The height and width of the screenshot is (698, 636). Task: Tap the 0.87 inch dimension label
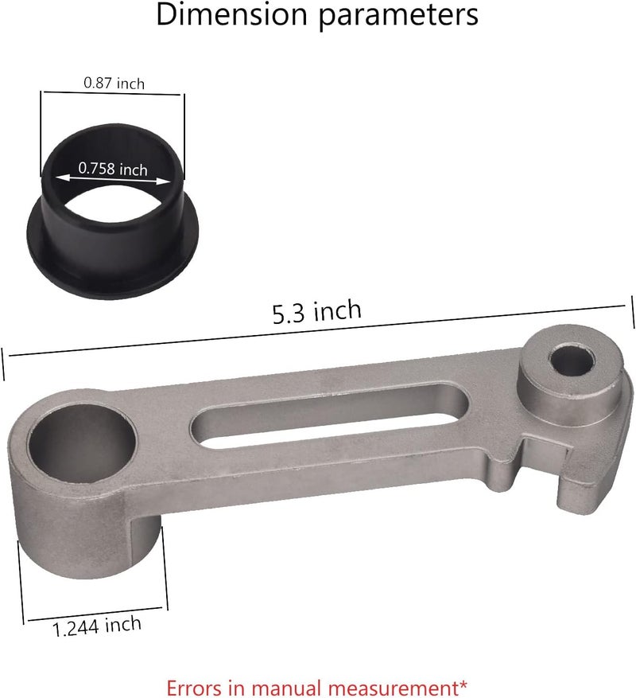(114, 82)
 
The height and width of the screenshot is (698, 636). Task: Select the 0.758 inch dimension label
(112, 169)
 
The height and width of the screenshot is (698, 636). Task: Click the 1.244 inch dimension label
(97, 626)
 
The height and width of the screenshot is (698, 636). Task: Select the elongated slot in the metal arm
(318, 415)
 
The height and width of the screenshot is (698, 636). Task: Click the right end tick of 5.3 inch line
(632, 310)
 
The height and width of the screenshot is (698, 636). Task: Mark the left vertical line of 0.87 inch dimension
(41, 131)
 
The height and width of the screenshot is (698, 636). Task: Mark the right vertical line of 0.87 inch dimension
(184, 131)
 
